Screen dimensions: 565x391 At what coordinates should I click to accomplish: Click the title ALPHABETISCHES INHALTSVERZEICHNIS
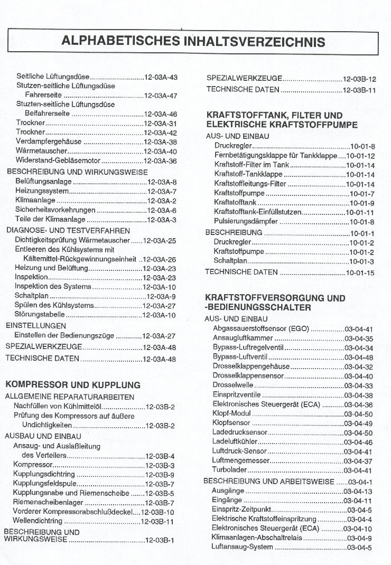(x=193, y=41)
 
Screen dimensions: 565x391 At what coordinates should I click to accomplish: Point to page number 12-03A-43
(x=161, y=77)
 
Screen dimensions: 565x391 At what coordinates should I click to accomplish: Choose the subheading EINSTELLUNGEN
(x=36, y=326)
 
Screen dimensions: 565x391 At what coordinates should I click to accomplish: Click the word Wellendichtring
(x=38, y=522)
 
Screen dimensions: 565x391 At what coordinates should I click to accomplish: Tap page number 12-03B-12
(x=359, y=78)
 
